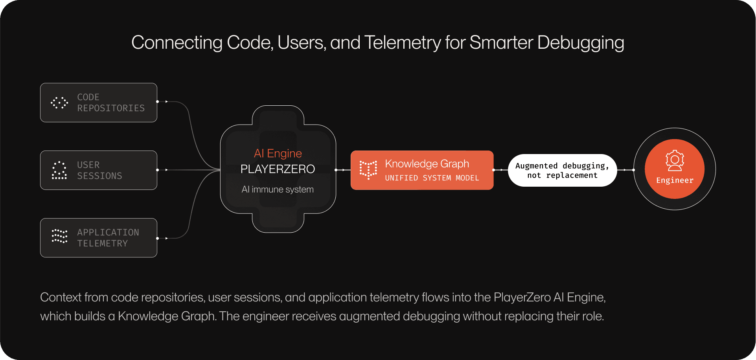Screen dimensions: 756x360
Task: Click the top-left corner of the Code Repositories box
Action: tap(41, 84)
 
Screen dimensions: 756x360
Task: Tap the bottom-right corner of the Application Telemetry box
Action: tap(156, 257)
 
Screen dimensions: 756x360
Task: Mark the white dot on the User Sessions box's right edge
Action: tap(157, 170)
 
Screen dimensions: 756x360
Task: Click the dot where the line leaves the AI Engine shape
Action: tap(336, 170)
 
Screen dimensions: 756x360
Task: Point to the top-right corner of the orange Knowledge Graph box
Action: tap(493, 151)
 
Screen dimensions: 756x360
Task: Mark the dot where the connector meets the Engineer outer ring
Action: tap(634, 170)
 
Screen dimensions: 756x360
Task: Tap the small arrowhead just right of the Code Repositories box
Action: tap(167, 101)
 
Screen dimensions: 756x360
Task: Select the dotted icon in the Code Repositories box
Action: tap(59, 103)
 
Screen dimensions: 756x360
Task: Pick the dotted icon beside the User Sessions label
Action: tap(59, 170)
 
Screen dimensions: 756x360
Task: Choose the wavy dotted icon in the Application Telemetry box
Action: tap(59, 236)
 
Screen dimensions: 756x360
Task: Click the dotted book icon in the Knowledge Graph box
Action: tap(368, 170)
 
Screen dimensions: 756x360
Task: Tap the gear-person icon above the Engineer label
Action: tap(675, 161)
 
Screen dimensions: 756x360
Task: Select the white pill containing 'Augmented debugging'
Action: tap(562, 170)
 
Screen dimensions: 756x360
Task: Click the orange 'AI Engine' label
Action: tap(278, 153)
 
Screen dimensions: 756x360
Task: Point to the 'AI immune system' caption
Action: tap(278, 189)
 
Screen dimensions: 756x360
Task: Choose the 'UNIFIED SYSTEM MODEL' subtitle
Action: tap(432, 178)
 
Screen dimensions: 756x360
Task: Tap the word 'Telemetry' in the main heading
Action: tap(403, 42)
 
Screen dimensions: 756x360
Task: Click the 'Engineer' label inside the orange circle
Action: tap(675, 180)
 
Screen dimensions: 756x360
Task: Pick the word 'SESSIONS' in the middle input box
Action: tap(99, 176)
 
